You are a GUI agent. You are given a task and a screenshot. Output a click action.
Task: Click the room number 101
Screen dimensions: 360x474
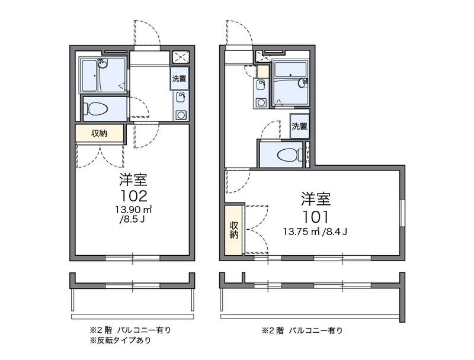315,216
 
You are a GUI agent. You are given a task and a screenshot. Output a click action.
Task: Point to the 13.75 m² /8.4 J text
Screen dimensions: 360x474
315,231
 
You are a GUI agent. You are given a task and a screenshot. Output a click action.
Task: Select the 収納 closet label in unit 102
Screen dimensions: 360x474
99,134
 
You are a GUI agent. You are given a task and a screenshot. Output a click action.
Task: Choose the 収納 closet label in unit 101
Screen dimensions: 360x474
233,230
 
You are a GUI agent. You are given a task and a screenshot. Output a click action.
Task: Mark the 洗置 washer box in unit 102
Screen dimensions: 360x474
179,79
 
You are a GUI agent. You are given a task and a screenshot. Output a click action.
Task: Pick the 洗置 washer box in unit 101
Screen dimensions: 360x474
299,126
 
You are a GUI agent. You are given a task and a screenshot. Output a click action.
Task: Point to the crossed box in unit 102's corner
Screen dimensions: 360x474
180,57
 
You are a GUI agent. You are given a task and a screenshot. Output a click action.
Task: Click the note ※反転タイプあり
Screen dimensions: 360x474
120,340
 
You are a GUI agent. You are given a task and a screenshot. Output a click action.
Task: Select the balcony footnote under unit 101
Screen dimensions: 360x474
302,330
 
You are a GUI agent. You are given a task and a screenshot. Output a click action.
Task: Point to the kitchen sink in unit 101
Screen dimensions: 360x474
261,86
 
